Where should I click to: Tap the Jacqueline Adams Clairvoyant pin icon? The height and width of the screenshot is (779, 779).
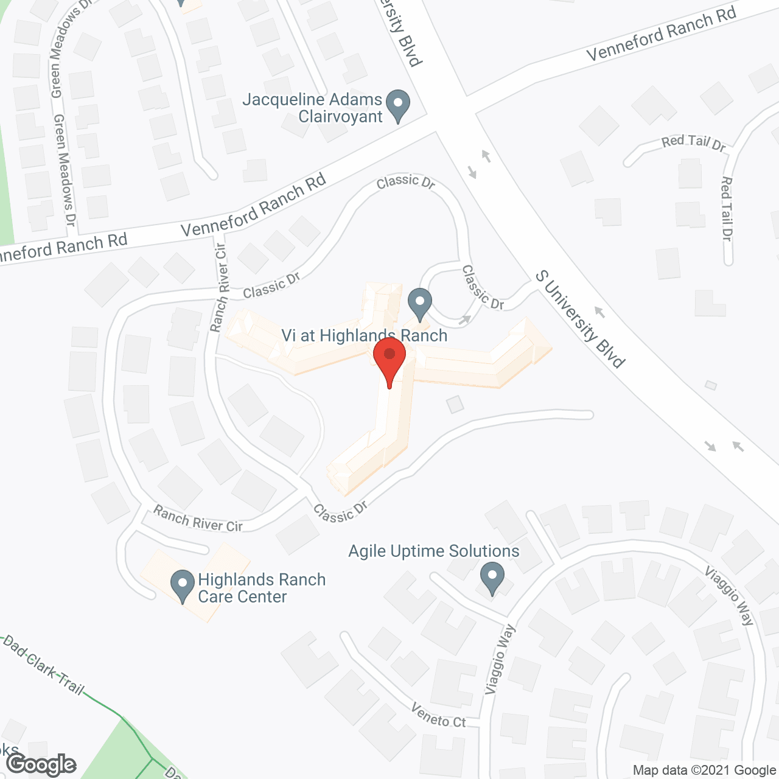click(x=398, y=105)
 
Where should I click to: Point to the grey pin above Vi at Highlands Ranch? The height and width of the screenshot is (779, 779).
click(x=419, y=303)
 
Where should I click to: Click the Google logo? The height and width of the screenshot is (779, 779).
click(x=42, y=764)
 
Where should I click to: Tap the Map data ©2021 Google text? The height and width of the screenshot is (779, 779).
click(x=704, y=770)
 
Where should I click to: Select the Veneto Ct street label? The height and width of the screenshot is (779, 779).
click(x=438, y=716)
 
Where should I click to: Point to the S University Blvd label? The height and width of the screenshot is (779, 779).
click(x=580, y=320)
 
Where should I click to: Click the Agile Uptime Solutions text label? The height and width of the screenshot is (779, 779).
click(x=433, y=551)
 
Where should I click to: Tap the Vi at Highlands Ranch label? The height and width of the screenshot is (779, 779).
click(x=364, y=335)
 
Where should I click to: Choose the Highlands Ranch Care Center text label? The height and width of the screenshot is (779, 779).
click(x=262, y=588)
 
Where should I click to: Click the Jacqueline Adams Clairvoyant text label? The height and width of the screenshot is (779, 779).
click(x=312, y=108)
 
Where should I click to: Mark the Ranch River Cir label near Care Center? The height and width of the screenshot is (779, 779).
click(x=198, y=519)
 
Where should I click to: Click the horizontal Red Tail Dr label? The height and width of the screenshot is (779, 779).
click(x=693, y=143)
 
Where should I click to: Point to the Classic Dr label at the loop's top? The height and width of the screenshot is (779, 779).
click(x=405, y=181)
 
